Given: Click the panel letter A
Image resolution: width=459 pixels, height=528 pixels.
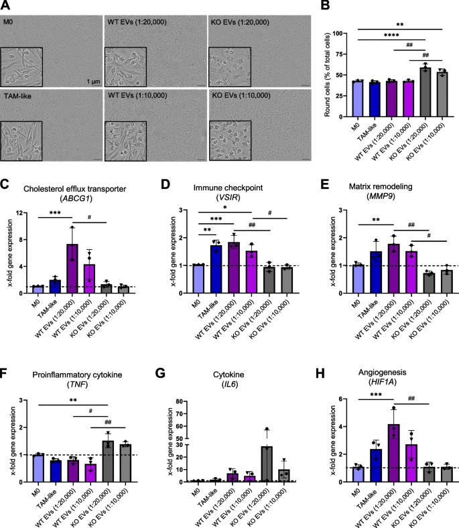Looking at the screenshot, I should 6,6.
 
